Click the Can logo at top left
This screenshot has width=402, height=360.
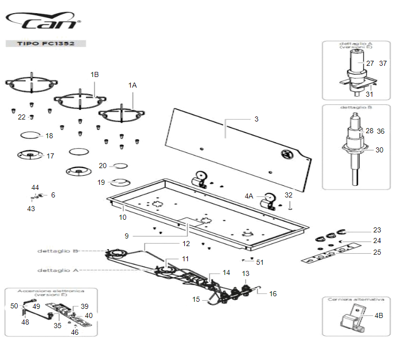click(x=43, y=22)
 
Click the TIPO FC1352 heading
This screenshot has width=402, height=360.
click(x=46, y=44)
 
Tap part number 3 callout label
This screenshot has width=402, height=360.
click(x=256, y=119)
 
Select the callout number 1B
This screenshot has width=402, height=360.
click(x=95, y=74)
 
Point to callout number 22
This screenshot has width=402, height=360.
click(x=21, y=117)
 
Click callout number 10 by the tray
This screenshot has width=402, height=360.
click(x=123, y=217)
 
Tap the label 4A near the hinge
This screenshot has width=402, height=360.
click(x=249, y=195)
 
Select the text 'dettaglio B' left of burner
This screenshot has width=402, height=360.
click(x=57, y=251)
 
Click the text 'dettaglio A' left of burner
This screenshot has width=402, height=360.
click(x=57, y=270)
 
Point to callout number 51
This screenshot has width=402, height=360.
click(x=260, y=262)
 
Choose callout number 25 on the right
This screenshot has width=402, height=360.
click(x=377, y=252)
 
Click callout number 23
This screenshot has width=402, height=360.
click(x=377, y=230)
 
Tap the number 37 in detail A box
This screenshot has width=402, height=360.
click(x=383, y=63)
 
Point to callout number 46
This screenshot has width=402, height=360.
click(x=74, y=333)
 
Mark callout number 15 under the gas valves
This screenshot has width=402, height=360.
click(x=196, y=299)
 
